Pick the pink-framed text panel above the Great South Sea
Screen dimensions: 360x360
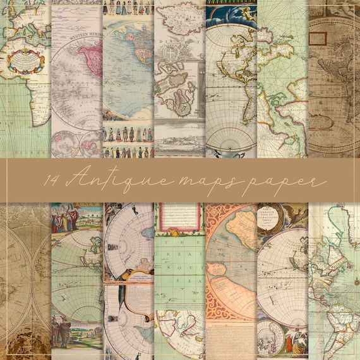(x=179, y=218)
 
